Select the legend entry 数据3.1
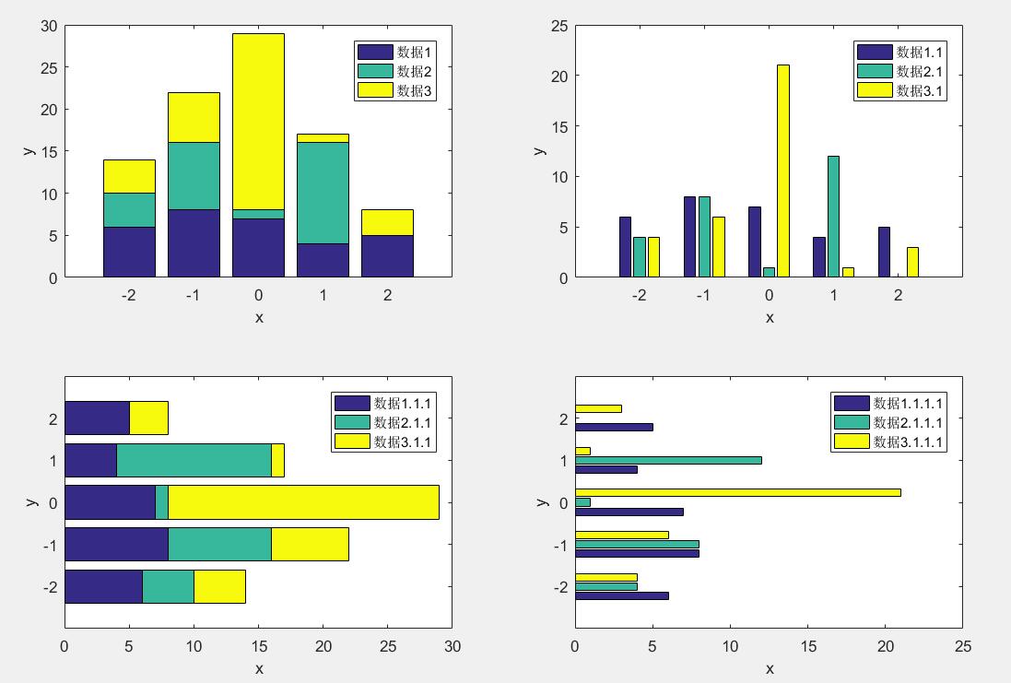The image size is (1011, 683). coord(921,90)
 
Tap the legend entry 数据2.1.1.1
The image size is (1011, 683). coord(908,422)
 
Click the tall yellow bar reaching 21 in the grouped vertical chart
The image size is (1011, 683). coord(783,171)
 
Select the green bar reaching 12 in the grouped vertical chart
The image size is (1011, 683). coord(833,216)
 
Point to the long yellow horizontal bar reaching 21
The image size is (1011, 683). coord(737,492)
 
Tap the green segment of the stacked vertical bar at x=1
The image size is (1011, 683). coord(323,193)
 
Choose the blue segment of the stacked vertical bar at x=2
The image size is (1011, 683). coord(387,255)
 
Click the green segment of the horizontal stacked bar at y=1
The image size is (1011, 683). coord(194,460)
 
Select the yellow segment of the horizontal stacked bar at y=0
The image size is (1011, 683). coord(303,502)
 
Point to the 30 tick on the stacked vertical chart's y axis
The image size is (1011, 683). coord(50,26)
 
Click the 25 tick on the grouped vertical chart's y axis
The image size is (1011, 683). coord(558,26)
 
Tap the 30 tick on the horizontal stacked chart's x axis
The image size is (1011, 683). coord(452,647)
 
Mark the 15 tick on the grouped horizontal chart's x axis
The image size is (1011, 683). coord(808,647)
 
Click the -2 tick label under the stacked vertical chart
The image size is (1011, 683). coord(129,296)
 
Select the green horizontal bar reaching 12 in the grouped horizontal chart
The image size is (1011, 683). coord(668,460)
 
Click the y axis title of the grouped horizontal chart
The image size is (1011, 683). coord(542,501)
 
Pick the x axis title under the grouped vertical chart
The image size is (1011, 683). coord(770,317)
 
